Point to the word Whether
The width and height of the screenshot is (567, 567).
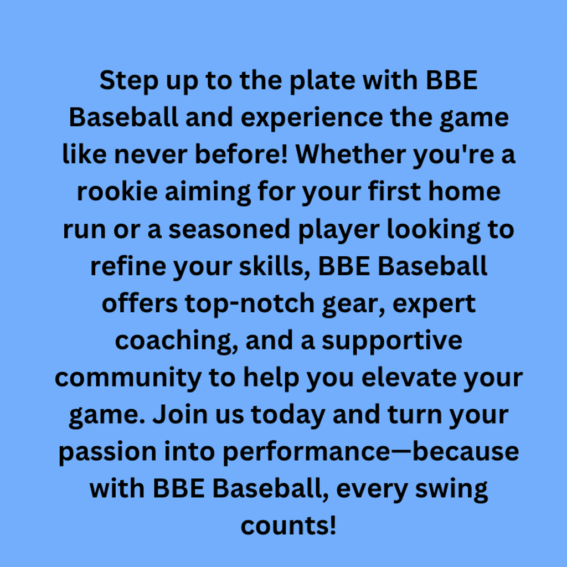tap(350, 154)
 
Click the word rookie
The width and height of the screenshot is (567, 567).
tap(117, 192)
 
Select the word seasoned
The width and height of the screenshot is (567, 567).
tap(229, 230)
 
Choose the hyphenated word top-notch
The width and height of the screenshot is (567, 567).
tap(250, 304)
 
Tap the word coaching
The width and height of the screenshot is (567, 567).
tap(177, 341)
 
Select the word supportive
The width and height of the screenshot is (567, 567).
tap(392, 342)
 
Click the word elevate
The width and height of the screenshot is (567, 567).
tap(409, 378)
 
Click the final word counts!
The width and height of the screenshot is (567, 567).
tap(288, 526)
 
